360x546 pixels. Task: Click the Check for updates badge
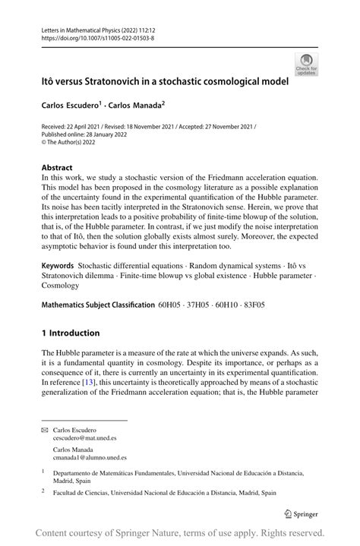click(x=307, y=64)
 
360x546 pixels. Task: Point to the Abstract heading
click(x=58, y=167)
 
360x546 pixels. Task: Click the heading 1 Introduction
click(x=71, y=333)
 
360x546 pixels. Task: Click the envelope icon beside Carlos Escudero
click(x=45, y=431)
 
